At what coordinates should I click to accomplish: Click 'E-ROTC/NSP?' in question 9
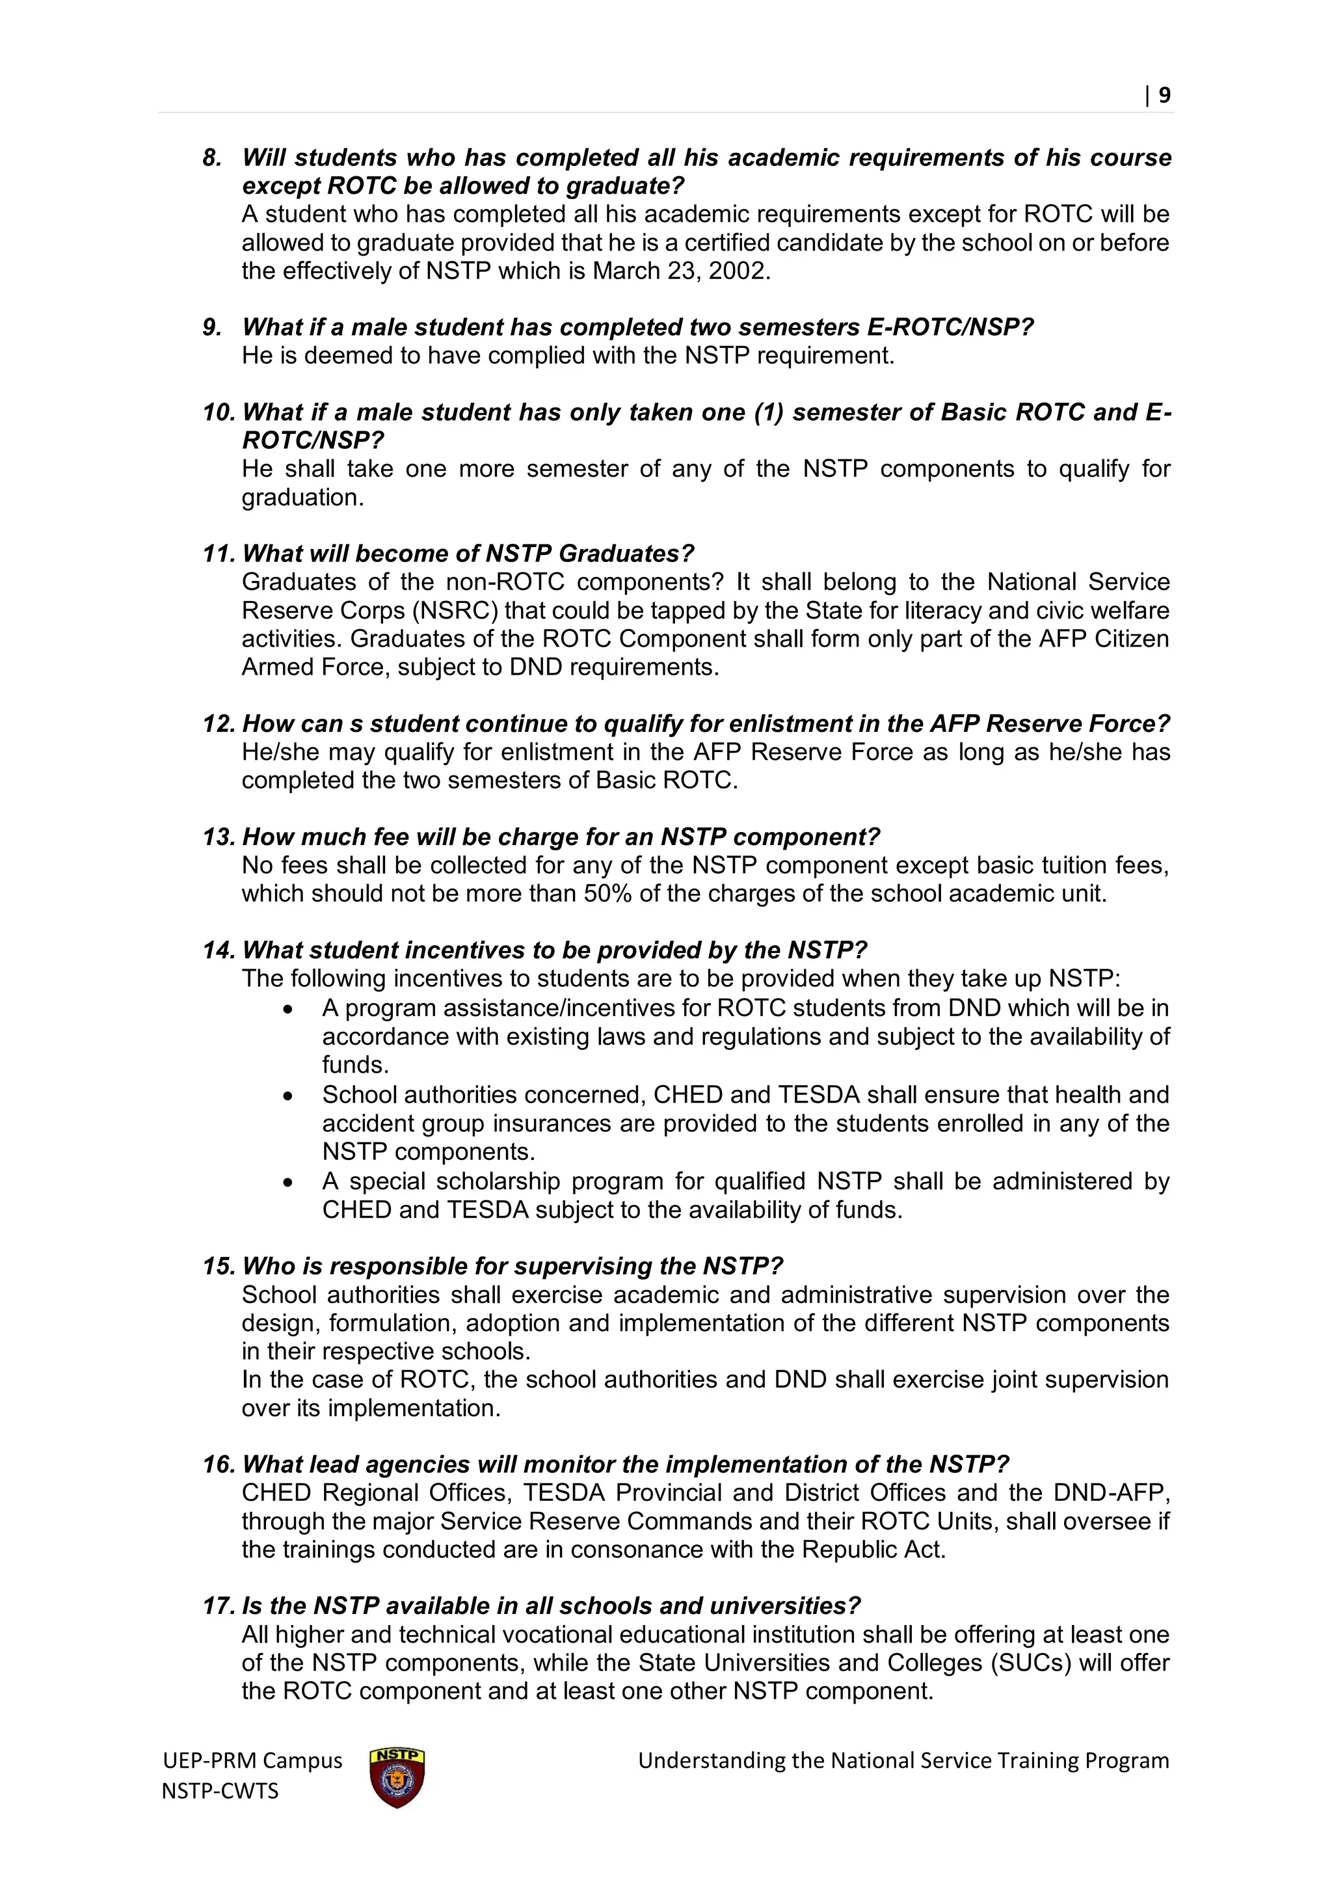tap(950, 327)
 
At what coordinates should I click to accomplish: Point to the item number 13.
tap(218, 837)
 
